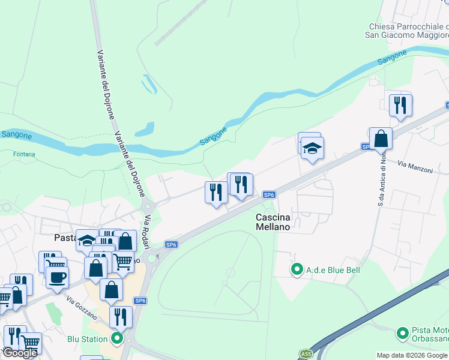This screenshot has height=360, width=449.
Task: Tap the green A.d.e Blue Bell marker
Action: pyautogui.click(x=295, y=270)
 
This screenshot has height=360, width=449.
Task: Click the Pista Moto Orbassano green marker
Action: pyautogui.click(x=402, y=332)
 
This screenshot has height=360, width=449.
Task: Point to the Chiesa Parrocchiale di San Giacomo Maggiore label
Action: pyautogui.click(x=408, y=31)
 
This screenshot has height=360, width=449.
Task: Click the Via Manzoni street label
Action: pyautogui.click(x=415, y=166)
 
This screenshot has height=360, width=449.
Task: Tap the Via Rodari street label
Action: pyautogui.click(x=145, y=230)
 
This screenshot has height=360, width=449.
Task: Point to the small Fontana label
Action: pyautogui.click(x=24, y=154)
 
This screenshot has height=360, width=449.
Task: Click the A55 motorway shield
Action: pyautogui.click(x=306, y=354)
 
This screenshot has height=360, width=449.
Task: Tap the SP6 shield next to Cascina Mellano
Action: pyautogui.click(x=270, y=194)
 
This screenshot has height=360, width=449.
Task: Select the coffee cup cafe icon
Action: pyautogui.click(x=57, y=277)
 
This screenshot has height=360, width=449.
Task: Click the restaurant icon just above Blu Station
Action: pyautogui.click(x=121, y=316)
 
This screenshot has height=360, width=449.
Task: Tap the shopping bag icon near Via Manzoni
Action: pyautogui.click(x=381, y=139)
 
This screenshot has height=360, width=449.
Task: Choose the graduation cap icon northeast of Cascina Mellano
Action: pyautogui.click(x=312, y=148)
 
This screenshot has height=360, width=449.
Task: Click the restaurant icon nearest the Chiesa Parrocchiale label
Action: pyautogui.click(x=400, y=106)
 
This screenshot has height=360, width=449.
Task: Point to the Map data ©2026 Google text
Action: pyautogui.click(x=412, y=355)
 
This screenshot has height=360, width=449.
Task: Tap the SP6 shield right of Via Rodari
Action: pyautogui.click(x=172, y=244)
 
